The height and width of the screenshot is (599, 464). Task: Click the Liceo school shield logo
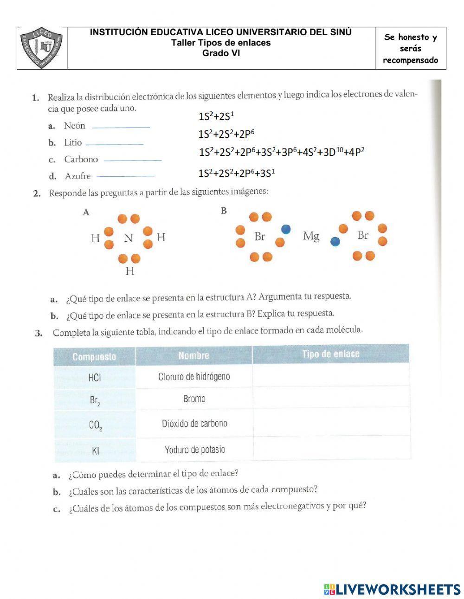pyautogui.click(x=42, y=48)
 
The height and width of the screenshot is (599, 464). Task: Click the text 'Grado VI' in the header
pyautogui.click(x=221, y=53)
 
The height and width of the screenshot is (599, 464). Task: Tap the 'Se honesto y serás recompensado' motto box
pyautogui.click(x=411, y=48)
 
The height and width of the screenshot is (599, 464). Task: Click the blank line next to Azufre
pyautogui.click(x=125, y=176)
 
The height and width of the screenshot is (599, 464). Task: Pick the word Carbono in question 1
pyautogui.click(x=81, y=159)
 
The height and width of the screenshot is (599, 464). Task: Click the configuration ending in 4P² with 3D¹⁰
pyautogui.click(x=281, y=152)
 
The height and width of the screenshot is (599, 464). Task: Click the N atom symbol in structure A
pyautogui.click(x=129, y=238)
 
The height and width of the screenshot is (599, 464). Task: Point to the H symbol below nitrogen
pyautogui.click(x=129, y=271)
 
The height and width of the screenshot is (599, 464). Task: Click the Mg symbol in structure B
pyautogui.click(x=311, y=236)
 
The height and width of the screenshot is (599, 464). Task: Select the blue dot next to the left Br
pyautogui.click(x=286, y=229)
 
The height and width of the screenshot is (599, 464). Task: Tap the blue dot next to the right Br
pyautogui.click(x=335, y=241)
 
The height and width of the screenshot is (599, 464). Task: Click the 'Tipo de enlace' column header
pyautogui.click(x=330, y=354)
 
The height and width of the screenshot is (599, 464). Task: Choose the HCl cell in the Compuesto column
pyautogui.click(x=94, y=377)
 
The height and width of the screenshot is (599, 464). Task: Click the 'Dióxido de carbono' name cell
pyautogui.click(x=194, y=424)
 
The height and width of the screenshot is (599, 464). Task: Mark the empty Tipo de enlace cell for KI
pyautogui.click(x=331, y=448)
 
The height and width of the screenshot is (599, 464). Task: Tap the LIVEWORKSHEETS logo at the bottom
pyautogui.click(x=392, y=589)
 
